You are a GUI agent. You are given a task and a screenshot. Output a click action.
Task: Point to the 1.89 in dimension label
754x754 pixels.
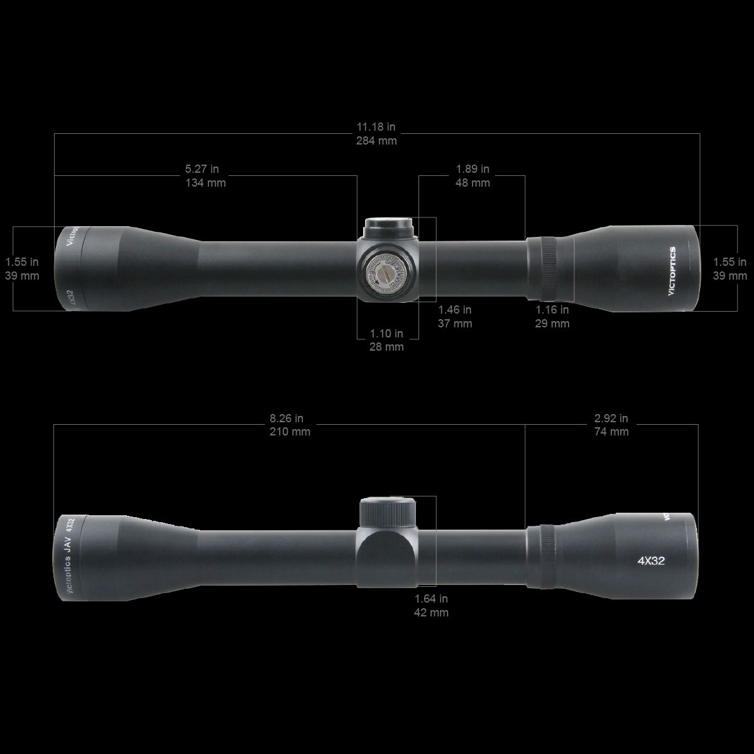472,169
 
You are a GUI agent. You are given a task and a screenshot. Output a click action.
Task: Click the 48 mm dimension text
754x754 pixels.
472,183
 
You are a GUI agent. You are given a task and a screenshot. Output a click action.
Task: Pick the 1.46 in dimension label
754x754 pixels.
454,310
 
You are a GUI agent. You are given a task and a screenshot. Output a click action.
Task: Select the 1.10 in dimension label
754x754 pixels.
386,334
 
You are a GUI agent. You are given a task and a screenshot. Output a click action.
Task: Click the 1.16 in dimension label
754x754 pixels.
552,310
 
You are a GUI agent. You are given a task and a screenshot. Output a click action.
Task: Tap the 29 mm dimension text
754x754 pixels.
552,324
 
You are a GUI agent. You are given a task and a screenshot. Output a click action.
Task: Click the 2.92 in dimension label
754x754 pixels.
611,418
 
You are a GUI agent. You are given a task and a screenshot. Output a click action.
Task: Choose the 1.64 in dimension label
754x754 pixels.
431,599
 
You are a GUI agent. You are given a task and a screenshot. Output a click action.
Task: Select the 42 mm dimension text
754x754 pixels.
431,613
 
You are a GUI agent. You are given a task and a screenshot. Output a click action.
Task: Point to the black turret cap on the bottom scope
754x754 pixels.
388,510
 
